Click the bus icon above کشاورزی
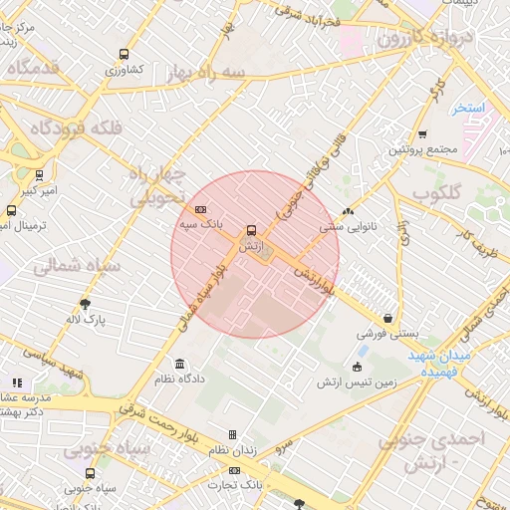pyautogui.click(x=124, y=54)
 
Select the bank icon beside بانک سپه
pyautogui.click(x=201, y=209)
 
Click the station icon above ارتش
pyautogui.click(x=249, y=228)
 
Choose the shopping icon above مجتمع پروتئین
pyautogui.click(x=422, y=133)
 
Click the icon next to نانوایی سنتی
pyautogui.click(x=347, y=211)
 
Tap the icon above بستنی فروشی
pyautogui.click(x=387, y=318)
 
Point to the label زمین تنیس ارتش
pyautogui.click(x=357, y=382)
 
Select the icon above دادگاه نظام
pyautogui.click(x=179, y=364)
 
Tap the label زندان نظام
pyautogui.click(x=232, y=450)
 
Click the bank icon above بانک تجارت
pyautogui.click(x=234, y=470)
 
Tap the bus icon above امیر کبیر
pyautogui.click(x=39, y=174)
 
